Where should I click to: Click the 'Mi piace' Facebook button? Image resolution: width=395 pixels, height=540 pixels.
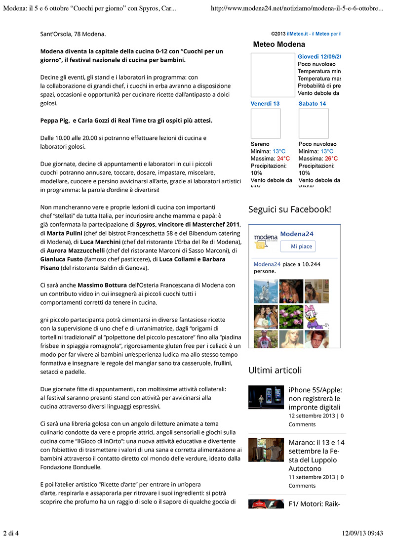(x=298, y=247)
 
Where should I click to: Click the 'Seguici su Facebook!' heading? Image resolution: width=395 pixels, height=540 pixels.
(x=289, y=209)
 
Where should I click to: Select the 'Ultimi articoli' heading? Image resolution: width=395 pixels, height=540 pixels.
(x=275, y=370)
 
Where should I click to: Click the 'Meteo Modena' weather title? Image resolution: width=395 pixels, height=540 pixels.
(x=279, y=44)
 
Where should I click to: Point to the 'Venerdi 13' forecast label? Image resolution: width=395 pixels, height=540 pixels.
(x=265, y=104)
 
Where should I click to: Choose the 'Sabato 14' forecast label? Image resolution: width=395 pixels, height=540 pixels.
(x=312, y=104)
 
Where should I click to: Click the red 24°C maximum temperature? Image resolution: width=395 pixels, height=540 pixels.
(x=283, y=159)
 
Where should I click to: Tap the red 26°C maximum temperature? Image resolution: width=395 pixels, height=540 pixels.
(x=331, y=159)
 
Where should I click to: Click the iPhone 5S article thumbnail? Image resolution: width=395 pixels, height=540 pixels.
(x=266, y=397)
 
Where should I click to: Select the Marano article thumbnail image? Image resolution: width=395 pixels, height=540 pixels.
(x=266, y=450)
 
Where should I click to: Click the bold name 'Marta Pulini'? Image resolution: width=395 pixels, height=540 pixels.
(x=65, y=233)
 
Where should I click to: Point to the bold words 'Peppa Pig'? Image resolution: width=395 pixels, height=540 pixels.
(x=55, y=120)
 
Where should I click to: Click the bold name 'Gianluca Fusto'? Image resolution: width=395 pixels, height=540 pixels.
(x=61, y=259)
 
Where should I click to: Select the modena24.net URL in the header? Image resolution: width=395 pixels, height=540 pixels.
(x=297, y=8)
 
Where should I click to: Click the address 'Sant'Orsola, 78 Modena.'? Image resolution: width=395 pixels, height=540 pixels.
(x=73, y=34)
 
